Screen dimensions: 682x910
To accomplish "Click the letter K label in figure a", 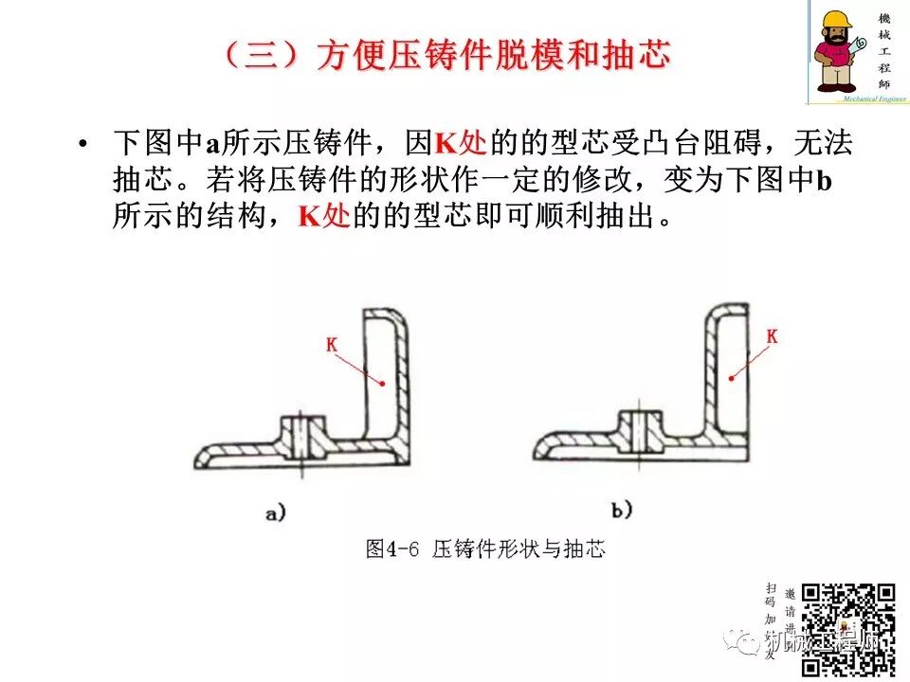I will [332, 346].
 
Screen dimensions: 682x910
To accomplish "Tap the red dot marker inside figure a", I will [382, 384].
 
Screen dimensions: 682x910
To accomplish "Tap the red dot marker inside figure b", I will [731, 378].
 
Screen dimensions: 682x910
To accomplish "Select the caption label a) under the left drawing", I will [275, 514].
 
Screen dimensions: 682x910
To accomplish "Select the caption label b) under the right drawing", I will [622, 511].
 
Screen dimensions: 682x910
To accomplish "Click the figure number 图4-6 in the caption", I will [393, 548].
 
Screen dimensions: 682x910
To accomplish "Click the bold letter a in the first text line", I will [214, 145].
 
